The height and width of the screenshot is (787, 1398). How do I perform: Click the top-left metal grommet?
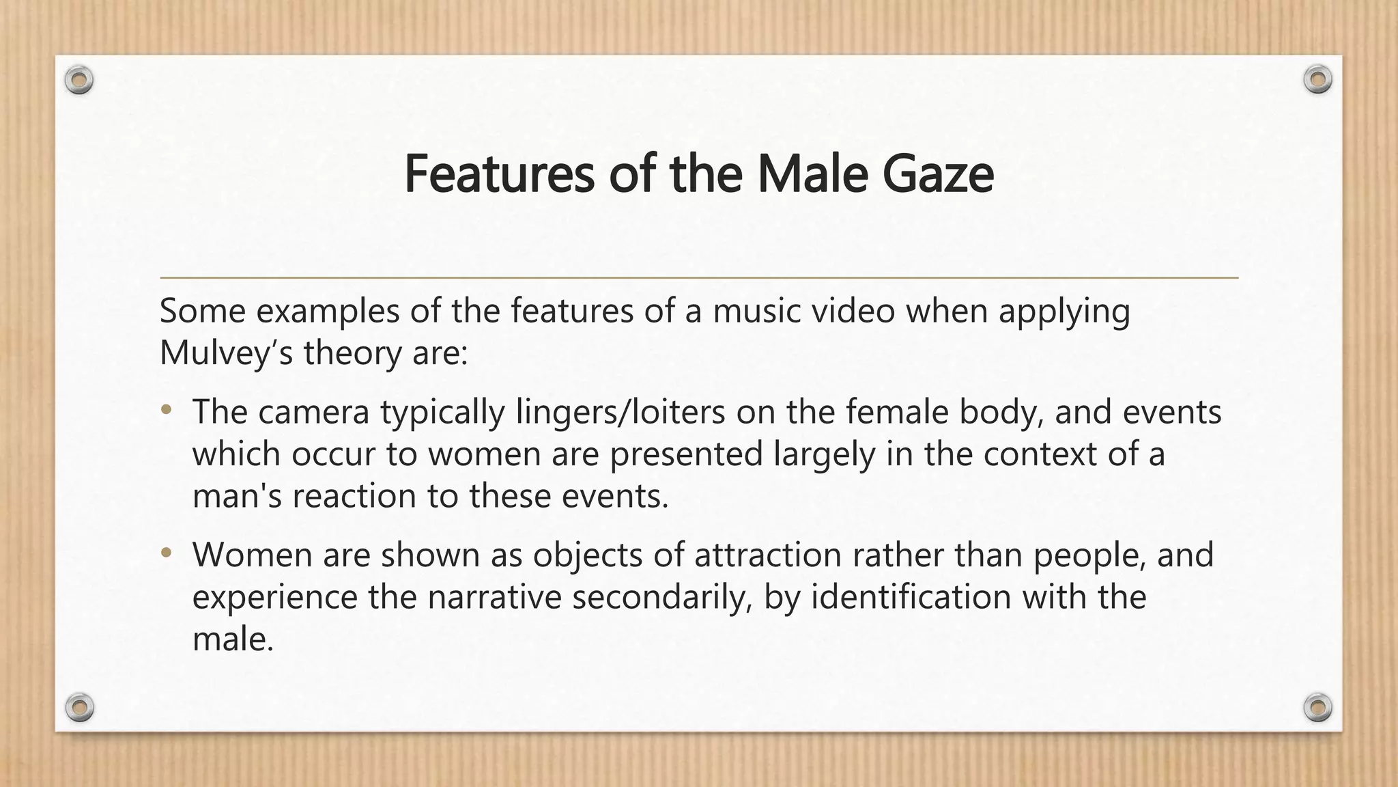click(79, 81)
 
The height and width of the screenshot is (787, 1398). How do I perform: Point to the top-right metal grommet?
click(1317, 80)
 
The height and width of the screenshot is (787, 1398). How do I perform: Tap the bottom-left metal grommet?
click(79, 706)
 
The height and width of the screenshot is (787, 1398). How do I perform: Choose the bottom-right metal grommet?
click(1317, 706)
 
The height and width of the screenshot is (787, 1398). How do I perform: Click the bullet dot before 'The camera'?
click(166, 411)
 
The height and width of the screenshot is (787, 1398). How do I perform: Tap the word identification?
click(911, 596)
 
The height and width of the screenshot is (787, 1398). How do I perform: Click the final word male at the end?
click(233, 639)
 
